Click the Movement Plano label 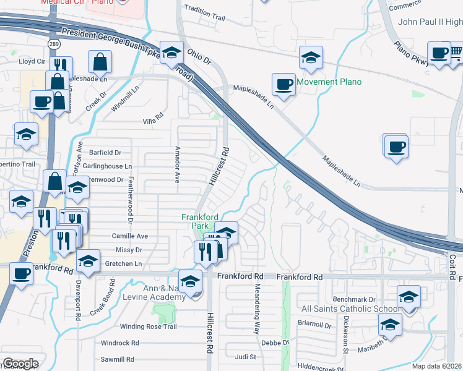329,82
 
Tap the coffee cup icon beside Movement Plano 284,83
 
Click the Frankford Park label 200,221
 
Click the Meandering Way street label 256,309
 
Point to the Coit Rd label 452,267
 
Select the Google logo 20,363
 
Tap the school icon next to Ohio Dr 171,52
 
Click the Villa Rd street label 153,122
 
